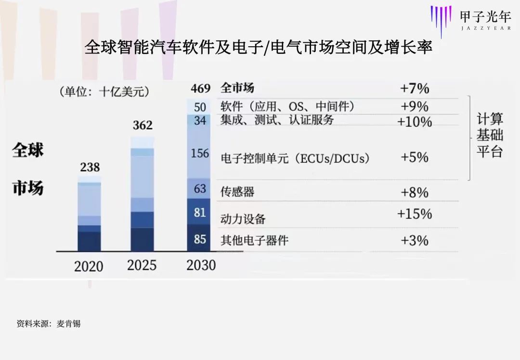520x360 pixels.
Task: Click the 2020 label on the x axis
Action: pos(89,266)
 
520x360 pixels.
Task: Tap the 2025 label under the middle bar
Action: pos(142,265)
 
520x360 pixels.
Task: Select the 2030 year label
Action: pos(201,265)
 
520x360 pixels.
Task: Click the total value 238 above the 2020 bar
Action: pos(90,167)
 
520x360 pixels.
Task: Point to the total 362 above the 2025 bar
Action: pos(142,126)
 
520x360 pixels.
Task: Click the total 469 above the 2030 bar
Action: pos(200,89)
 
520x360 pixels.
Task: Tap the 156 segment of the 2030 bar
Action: pos(199,153)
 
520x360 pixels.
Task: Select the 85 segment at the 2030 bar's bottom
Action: pos(199,239)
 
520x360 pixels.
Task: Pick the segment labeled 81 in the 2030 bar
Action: pos(199,212)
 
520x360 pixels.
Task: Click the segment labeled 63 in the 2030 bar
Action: pos(199,189)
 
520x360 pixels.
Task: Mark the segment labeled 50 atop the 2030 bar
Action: pos(199,106)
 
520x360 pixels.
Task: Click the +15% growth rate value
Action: pos(414,214)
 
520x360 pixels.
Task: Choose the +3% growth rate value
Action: pos(414,240)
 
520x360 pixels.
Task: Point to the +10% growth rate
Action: pos(414,122)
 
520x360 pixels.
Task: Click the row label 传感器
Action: pos(237,192)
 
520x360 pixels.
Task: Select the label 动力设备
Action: pos(243,219)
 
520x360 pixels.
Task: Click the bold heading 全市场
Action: pos(237,88)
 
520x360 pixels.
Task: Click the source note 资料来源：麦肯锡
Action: pos(48,324)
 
